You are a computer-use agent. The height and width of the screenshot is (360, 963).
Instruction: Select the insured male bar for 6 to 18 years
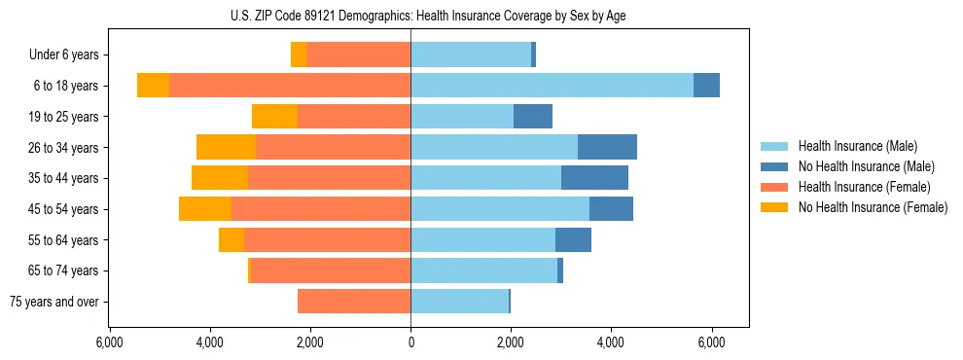(552, 86)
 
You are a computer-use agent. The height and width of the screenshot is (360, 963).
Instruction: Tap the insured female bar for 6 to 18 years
(290, 86)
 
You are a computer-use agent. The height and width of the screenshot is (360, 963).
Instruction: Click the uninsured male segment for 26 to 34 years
(607, 147)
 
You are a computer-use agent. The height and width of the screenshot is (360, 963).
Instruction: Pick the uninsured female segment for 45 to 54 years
(205, 209)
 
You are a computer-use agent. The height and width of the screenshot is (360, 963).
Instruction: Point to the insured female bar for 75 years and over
(354, 302)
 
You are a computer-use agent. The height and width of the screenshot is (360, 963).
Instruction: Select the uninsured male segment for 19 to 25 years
(533, 117)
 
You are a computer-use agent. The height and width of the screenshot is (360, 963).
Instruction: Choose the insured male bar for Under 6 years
(471, 54)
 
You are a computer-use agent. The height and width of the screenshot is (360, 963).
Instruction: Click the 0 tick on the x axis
(410, 342)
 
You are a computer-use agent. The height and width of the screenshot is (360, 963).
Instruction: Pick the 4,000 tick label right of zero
(611, 342)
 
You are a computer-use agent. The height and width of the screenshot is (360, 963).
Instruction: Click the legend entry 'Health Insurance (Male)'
(857, 146)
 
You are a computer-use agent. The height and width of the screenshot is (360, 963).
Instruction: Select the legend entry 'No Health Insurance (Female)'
(873, 207)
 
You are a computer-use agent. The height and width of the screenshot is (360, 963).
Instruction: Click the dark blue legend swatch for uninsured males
(774, 166)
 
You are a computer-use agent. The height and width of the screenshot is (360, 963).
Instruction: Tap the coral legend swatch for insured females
(774, 187)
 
